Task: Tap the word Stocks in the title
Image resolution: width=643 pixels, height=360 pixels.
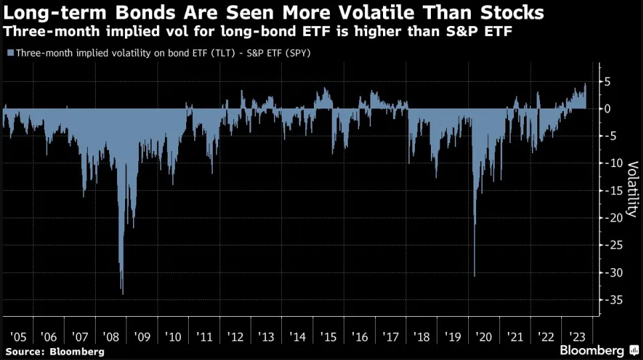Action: pos(513,13)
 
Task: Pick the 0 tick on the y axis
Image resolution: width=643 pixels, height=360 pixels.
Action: pos(607,108)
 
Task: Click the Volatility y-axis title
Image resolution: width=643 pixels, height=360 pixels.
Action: pos(632,188)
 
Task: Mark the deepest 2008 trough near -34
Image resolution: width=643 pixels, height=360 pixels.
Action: pos(122,293)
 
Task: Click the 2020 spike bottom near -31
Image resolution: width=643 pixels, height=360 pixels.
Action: pos(474,276)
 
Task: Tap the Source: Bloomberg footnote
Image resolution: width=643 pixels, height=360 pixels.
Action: pos(55,351)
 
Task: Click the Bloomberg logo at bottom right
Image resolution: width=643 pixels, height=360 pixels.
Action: pos(595,350)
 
